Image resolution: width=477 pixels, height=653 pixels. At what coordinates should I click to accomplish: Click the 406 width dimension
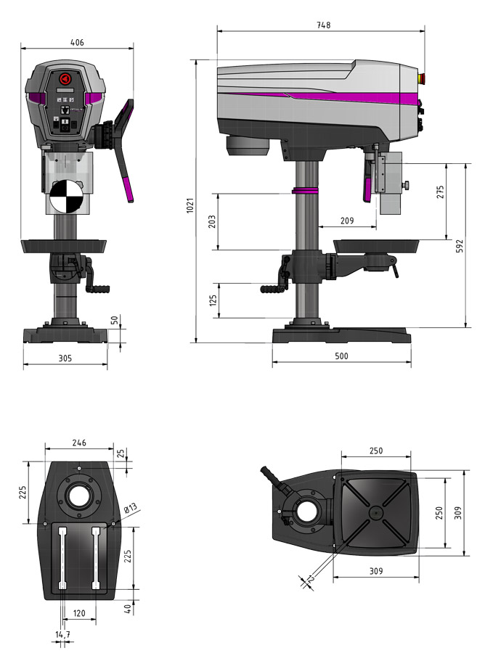coord(77,42)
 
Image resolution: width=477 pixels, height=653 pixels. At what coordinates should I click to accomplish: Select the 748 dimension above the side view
coord(324,25)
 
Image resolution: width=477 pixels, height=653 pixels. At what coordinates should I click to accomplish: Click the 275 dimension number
coord(440,192)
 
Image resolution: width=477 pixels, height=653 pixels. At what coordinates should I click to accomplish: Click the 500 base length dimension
coord(342,356)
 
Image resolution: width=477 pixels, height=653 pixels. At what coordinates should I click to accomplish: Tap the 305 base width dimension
coord(65,358)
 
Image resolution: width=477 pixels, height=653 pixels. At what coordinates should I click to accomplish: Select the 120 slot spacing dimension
coord(79,613)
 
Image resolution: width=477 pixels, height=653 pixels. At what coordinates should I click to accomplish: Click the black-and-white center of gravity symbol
coord(65,194)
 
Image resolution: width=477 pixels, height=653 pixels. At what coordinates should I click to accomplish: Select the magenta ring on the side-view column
coord(306,190)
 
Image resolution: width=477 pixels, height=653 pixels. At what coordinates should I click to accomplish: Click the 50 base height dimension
coord(113,320)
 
